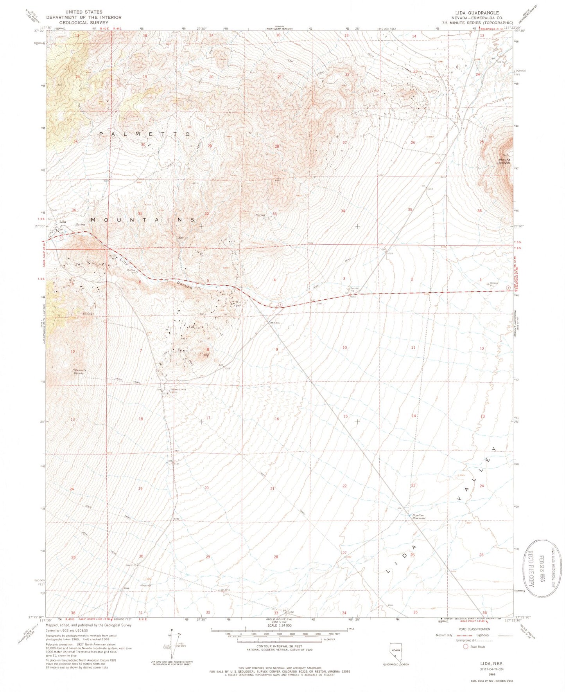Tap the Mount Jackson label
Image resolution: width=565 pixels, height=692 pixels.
tap(504, 161)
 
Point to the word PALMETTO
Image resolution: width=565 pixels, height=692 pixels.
tap(145, 134)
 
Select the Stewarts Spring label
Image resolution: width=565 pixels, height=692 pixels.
tap(78, 371)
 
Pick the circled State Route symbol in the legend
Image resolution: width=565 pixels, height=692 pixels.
tap(466, 647)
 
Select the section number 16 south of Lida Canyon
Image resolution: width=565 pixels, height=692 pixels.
tap(277, 419)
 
